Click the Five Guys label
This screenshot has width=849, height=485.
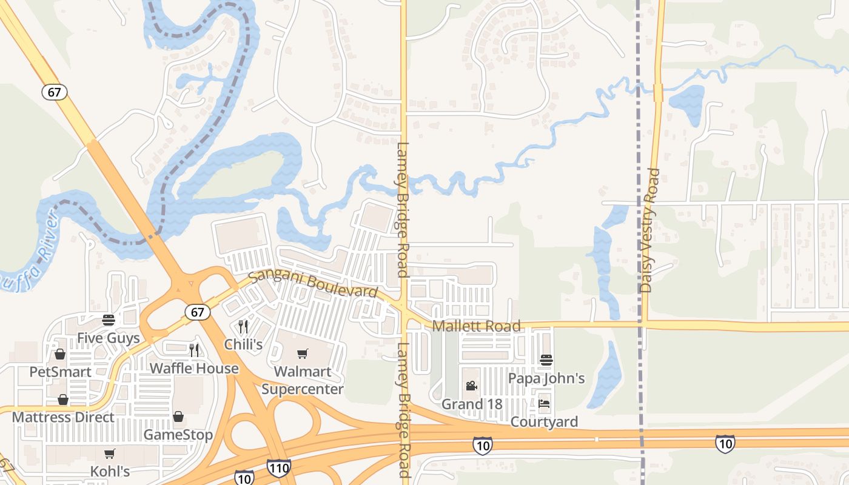(109, 338)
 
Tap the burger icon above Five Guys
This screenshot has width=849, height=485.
(109, 320)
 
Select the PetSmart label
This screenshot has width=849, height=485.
(60, 372)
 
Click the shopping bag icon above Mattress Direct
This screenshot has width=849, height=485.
(62, 400)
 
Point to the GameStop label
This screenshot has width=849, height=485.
(178, 435)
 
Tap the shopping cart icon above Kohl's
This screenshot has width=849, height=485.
(109, 453)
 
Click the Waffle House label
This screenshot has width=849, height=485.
(194, 368)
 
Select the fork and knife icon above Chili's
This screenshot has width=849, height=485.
(243, 327)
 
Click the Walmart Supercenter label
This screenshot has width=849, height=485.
(302, 380)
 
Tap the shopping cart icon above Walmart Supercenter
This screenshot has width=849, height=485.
(302, 353)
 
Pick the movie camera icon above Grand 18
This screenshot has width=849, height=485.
(471, 386)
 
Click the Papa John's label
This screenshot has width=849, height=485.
(546, 378)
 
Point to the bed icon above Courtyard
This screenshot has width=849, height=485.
(544, 403)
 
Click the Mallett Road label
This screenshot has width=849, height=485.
(476, 326)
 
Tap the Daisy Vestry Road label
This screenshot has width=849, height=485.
(649, 230)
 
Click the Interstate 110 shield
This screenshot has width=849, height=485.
(278, 467)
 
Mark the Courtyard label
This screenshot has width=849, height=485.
(544, 421)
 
